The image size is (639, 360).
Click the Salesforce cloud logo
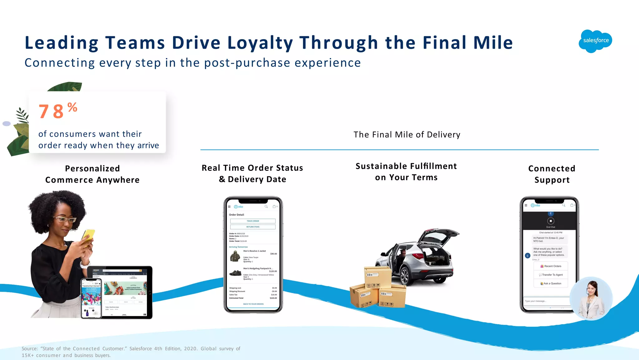tap(595, 41)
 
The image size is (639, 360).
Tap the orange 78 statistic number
tap(51, 111)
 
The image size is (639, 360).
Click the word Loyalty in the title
tap(260, 43)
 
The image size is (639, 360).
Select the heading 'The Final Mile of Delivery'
tap(407, 135)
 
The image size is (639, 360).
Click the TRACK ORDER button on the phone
tap(253, 221)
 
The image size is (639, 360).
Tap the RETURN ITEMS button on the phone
tap(253, 227)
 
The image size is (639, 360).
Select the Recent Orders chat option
tap(551, 266)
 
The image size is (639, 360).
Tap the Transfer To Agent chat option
tap(551, 275)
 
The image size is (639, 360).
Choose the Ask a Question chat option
tap(551, 284)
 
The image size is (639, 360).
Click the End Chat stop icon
tap(551, 221)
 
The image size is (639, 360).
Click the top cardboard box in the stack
tap(377, 277)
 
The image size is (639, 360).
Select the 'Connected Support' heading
tap(552, 174)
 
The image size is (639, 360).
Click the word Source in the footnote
tap(30, 349)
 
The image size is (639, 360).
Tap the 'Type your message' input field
tap(546, 301)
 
